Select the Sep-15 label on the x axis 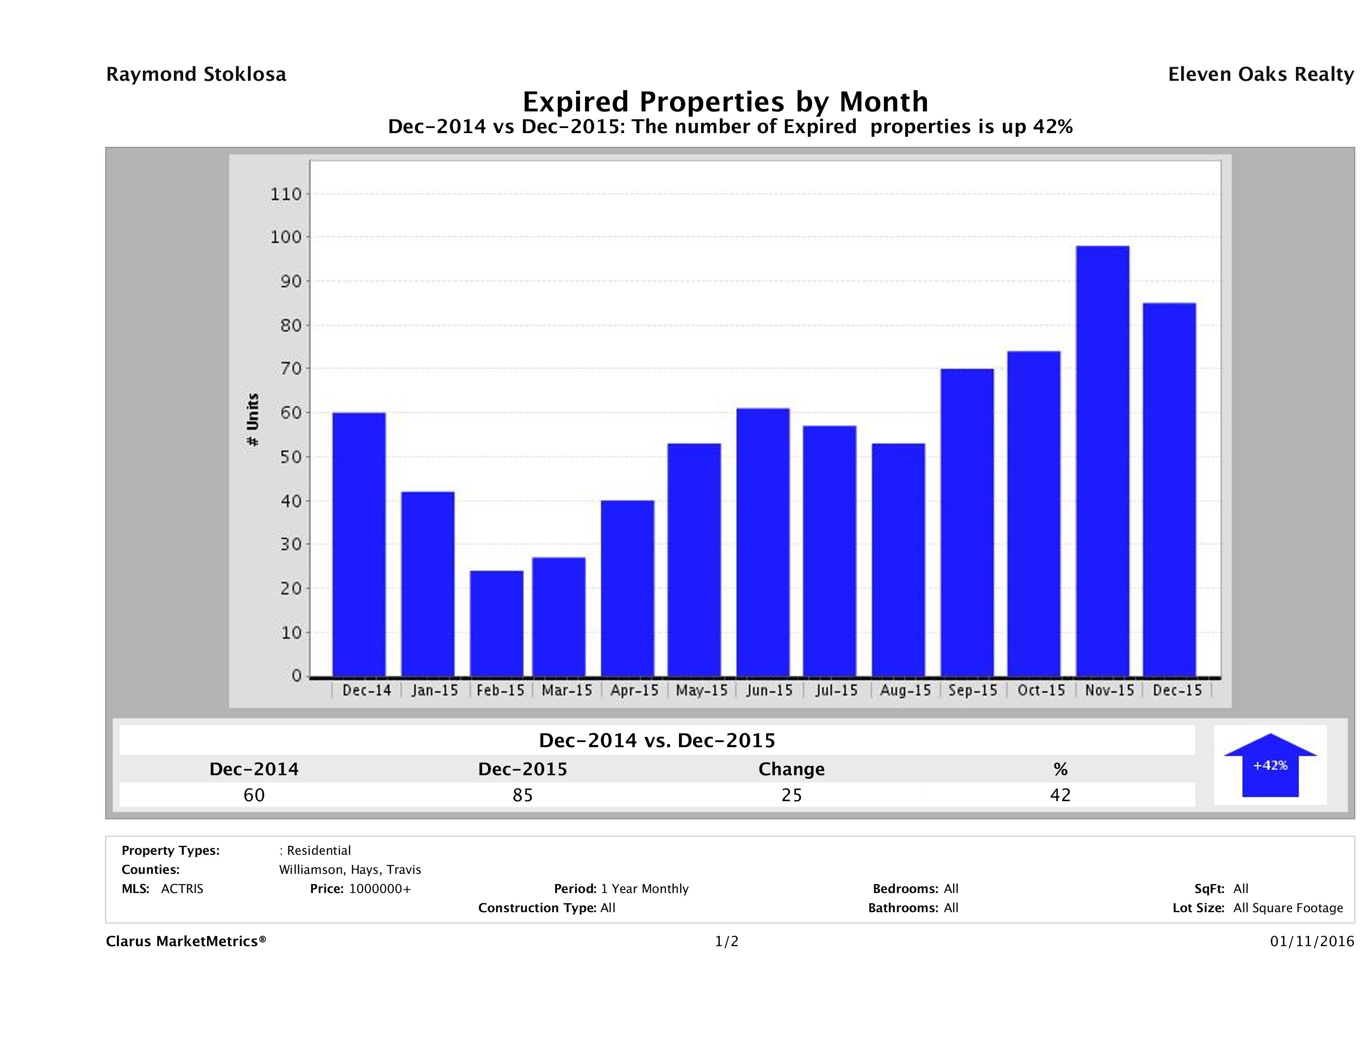pyautogui.click(x=972, y=691)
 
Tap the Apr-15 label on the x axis pyautogui.click(x=634, y=691)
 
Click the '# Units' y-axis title pyautogui.click(x=253, y=420)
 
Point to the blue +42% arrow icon pyautogui.click(x=1270, y=765)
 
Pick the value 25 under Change pyautogui.click(x=792, y=795)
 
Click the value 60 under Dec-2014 pyautogui.click(x=254, y=795)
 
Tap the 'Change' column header pyautogui.click(x=792, y=769)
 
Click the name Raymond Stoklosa pyautogui.click(x=196, y=74)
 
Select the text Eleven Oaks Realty pyautogui.click(x=1260, y=74)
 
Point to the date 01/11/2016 pyautogui.click(x=1312, y=942)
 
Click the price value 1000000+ pyautogui.click(x=380, y=889)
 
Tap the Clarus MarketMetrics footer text pyautogui.click(x=186, y=942)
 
